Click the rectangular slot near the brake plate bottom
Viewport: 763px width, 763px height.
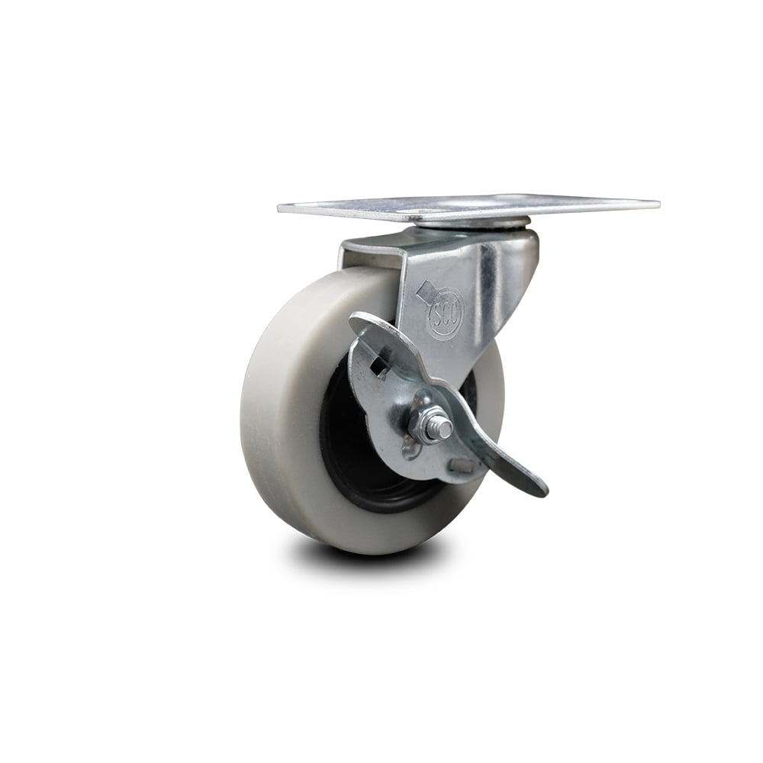tap(460, 465)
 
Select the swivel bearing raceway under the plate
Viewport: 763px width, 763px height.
tap(473, 224)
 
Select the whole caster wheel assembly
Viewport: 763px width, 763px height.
tap(412, 366)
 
